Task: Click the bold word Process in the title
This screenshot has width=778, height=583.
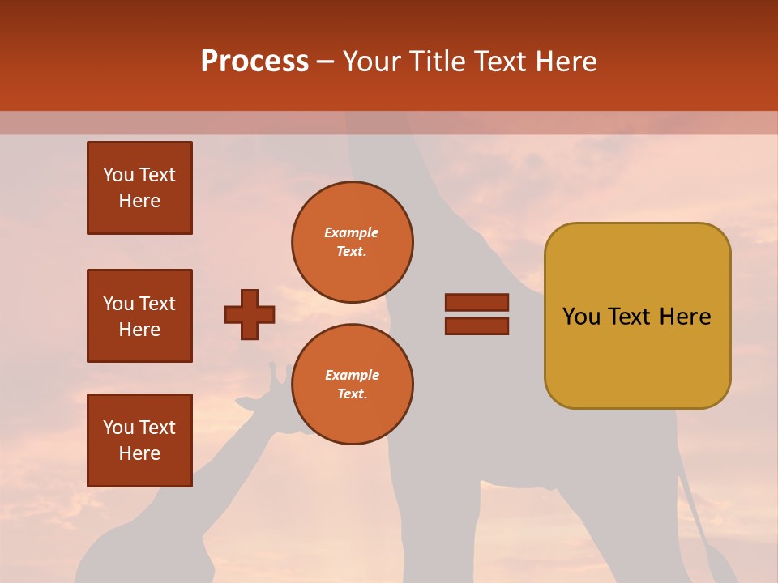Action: click(254, 62)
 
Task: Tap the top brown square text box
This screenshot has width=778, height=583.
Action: click(139, 188)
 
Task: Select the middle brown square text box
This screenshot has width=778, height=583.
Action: click(139, 316)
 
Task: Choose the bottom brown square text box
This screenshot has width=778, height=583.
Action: click(139, 440)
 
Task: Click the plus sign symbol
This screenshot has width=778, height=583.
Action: click(250, 314)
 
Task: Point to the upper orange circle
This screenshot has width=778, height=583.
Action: click(353, 242)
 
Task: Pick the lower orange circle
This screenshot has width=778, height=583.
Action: click(353, 384)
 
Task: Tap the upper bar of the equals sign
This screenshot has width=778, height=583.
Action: click(477, 302)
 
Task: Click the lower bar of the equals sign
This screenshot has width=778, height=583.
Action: click(477, 326)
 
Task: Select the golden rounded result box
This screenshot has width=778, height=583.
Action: click(637, 316)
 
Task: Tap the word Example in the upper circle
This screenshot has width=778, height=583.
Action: click(352, 232)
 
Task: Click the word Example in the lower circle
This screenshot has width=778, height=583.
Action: click(352, 375)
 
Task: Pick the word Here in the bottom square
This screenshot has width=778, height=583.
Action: click(139, 453)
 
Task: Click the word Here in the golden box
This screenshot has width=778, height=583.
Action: click(685, 317)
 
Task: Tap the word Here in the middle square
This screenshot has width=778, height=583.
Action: click(139, 330)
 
